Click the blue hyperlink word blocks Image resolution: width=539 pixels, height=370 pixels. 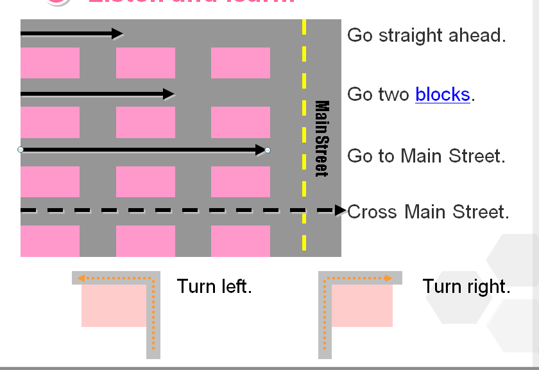pyautogui.click(x=443, y=94)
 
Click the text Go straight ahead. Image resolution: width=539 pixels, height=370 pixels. pyautogui.click(x=426, y=35)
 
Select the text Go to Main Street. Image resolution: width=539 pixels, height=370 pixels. pyautogui.click(x=426, y=156)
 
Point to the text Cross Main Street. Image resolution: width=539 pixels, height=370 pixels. pyautogui.click(x=428, y=212)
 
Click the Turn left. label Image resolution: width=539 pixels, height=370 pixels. pyautogui.click(x=214, y=286)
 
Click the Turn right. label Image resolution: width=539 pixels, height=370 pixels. pyautogui.click(x=466, y=286)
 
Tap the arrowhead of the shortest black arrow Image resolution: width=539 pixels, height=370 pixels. pyautogui.click(x=117, y=33)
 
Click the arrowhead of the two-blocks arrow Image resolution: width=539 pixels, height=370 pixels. pyautogui.click(x=169, y=94)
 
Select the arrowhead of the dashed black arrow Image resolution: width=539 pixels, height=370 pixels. pyautogui.click(x=340, y=210)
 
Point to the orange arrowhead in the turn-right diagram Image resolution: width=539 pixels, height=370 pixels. pyautogui.click(x=388, y=279)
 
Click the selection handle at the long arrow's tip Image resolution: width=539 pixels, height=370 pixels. pyautogui.click(x=268, y=150)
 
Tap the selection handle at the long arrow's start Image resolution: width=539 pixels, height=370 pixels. pyautogui.click(x=21, y=150)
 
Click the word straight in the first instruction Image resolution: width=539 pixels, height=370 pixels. pyautogui.click(x=404, y=35)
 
